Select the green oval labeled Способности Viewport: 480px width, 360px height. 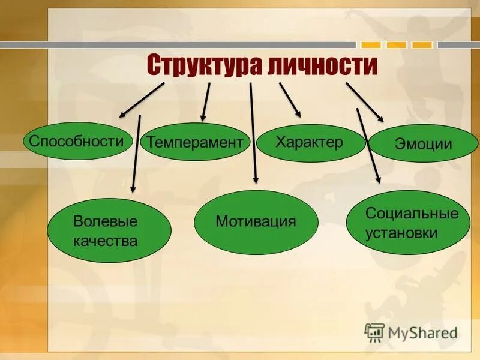(77, 142)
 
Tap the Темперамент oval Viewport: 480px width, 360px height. (196, 142)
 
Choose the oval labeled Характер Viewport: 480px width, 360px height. (311, 143)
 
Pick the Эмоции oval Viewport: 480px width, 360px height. (424, 144)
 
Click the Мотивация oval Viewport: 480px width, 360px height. (256, 222)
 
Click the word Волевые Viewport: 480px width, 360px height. (106, 221)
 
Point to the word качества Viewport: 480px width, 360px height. (106, 241)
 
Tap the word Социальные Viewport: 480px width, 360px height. (412, 213)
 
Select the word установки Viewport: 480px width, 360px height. (401, 233)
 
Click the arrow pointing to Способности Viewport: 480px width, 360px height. (142, 100)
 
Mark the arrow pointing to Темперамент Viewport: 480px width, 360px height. (206, 102)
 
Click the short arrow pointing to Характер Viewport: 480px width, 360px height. (289, 100)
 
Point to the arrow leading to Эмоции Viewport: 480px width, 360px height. (364, 102)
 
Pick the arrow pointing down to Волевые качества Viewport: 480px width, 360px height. (136, 154)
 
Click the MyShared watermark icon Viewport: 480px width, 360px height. (374, 332)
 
